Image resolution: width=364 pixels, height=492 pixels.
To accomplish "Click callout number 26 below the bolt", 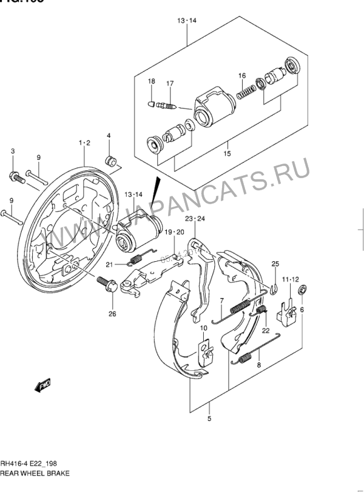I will pos(111,313).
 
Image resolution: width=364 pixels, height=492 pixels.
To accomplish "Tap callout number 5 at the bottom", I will pos(209,419).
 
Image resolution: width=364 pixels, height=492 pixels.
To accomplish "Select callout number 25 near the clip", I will pos(275,264).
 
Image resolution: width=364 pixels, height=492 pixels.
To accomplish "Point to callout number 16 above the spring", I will pos(241,76).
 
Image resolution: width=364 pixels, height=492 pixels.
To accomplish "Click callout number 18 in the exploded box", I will pos(152,81).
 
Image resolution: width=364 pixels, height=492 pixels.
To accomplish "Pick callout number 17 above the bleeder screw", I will pos(170,84).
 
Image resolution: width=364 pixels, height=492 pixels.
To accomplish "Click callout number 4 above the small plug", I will pos(109,135).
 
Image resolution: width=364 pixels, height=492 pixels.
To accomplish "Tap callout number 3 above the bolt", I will pos(12,151).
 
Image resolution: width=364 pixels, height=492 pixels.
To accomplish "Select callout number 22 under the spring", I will pos(265,330).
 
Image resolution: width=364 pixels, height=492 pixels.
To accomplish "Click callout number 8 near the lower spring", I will pos(259,365).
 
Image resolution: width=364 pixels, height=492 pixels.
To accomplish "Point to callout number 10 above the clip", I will pos(204,328).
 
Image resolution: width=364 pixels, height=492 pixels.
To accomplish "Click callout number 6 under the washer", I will pos(302,310).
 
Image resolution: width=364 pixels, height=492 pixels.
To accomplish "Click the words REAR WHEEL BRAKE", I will pos(35,472).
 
